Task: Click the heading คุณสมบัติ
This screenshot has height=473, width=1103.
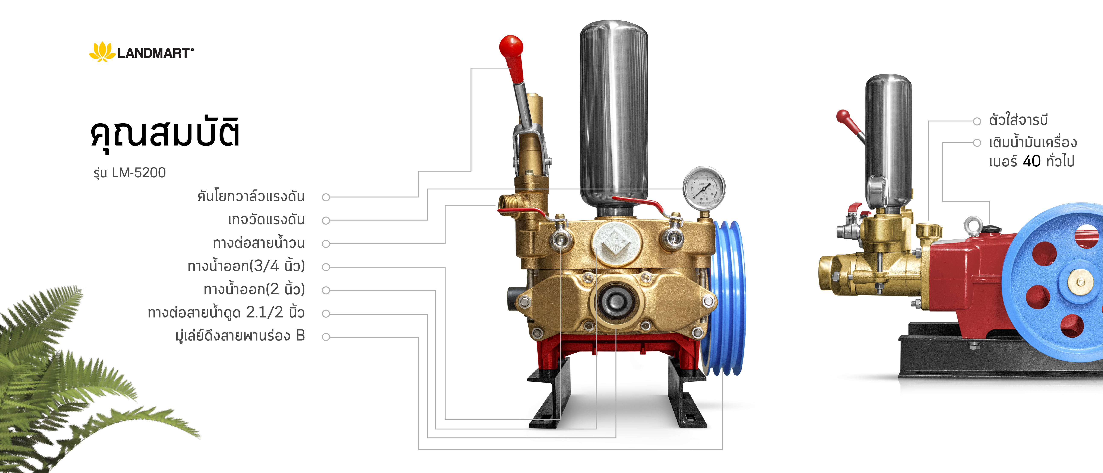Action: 165,132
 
